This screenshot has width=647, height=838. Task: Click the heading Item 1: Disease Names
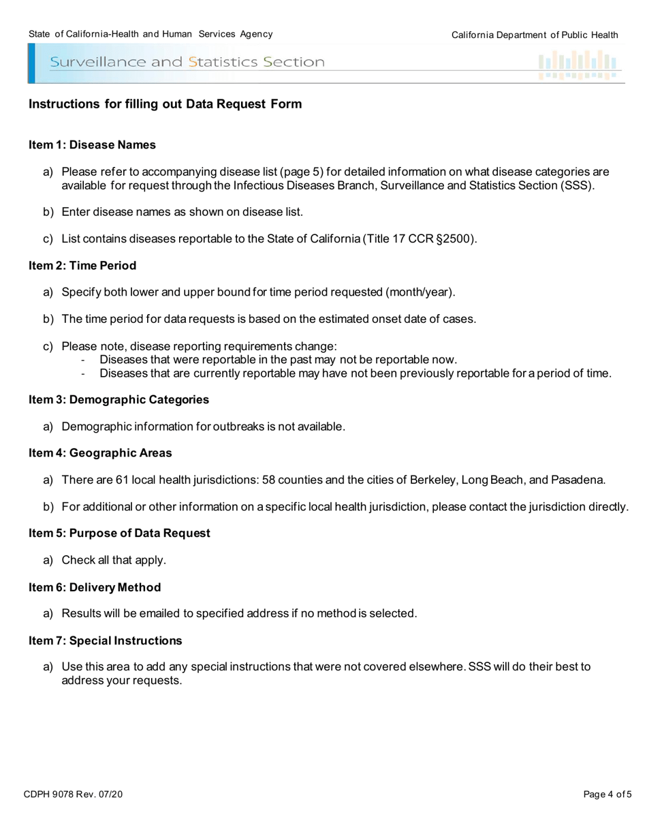click(x=92, y=145)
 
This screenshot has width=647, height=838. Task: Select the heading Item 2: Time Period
click(x=82, y=266)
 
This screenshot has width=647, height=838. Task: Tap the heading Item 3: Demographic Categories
click(x=119, y=399)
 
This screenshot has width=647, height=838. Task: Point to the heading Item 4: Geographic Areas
click(x=100, y=453)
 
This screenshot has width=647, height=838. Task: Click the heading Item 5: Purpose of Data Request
click(x=119, y=533)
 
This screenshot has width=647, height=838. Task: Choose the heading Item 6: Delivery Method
click(x=95, y=587)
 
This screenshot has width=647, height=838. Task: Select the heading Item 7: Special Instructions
click(x=106, y=641)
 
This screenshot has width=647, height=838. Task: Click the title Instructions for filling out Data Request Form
click(x=165, y=104)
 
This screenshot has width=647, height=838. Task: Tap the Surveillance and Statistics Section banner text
click(x=187, y=63)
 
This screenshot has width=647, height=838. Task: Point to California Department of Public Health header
click(x=535, y=35)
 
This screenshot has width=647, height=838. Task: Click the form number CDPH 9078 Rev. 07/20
click(x=73, y=794)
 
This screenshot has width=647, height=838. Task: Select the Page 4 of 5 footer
click(x=607, y=794)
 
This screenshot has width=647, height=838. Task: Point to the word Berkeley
click(x=432, y=480)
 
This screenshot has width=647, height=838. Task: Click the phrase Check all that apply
click(x=114, y=560)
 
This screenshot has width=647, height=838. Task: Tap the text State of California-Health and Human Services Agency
click(x=151, y=34)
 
